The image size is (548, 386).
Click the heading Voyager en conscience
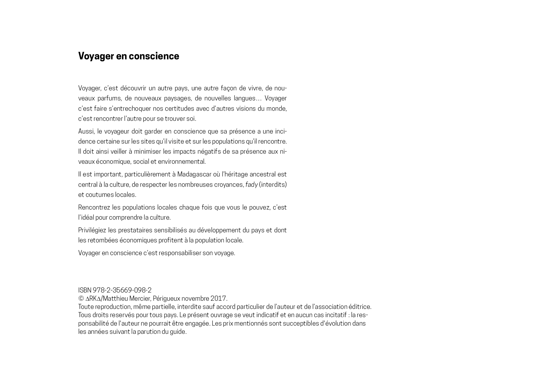tap(129, 56)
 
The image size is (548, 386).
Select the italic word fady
tap(252, 185)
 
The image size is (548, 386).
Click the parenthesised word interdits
tap(273, 185)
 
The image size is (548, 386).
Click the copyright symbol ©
tap(81, 299)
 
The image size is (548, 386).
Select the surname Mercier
tap(140, 299)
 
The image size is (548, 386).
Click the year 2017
tap(218, 299)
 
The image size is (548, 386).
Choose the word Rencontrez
tap(94, 207)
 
